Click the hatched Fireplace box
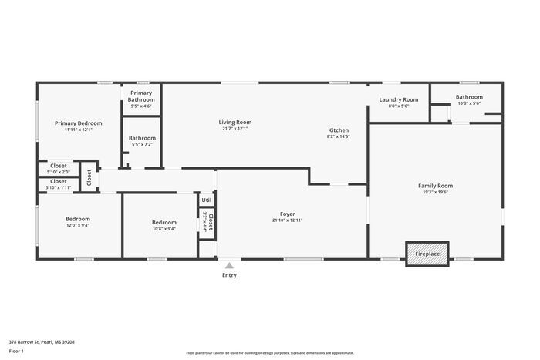click(x=427, y=253)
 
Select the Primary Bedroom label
click(x=78, y=123)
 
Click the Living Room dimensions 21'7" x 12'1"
click(x=235, y=129)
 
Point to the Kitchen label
click(x=339, y=130)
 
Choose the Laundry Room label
click(x=398, y=99)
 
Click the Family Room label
click(x=435, y=186)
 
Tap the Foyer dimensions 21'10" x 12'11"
click(x=287, y=220)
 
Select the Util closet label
click(x=207, y=200)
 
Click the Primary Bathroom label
click(x=141, y=96)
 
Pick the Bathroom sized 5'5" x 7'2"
click(x=142, y=141)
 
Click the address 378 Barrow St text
click(x=42, y=341)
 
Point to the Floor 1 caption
click(x=16, y=352)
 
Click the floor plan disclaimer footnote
click(x=270, y=352)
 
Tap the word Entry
click(x=229, y=275)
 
